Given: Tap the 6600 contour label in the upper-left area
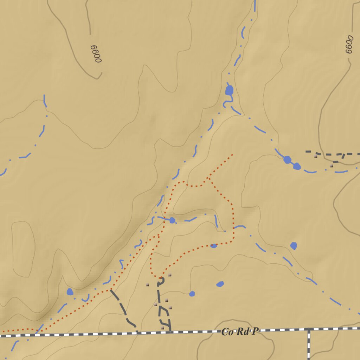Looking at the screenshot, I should pyautogui.click(x=96, y=54).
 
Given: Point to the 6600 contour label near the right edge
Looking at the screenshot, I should pyautogui.click(x=349, y=44).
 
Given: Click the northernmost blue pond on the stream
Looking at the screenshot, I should pyautogui.click(x=229, y=90).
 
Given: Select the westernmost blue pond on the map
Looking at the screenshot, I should pyautogui.click(x=70, y=292).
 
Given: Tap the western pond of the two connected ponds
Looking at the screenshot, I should pyautogui.click(x=288, y=160).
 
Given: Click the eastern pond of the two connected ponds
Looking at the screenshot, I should pyautogui.click(x=297, y=166).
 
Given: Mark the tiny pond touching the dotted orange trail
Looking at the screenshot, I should pyautogui.click(x=214, y=246).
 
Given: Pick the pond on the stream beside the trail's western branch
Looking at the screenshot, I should pyautogui.click(x=172, y=220).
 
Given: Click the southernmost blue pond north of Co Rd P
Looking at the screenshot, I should pyautogui.click(x=192, y=294).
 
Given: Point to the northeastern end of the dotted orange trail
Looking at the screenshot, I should pyautogui.click(x=232, y=154).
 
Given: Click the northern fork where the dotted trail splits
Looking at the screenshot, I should pyautogui.click(x=208, y=178).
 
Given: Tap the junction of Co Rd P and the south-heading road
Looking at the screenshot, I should pyautogui.click(x=309, y=329).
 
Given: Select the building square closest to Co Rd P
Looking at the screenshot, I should pyautogui.click(x=162, y=328).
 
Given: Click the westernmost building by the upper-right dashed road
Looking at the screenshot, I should pyautogui.click(x=316, y=156).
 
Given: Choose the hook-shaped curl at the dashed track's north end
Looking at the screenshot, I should pyautogui.click(x=162, y=281).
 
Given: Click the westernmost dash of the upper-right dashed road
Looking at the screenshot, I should pyautogui.click(x=308, y=152).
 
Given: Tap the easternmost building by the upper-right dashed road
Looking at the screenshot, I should pyautogui.click(x=331, y=165).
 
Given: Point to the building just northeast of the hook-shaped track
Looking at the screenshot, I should pyautogui.click(x=169, y=275).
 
